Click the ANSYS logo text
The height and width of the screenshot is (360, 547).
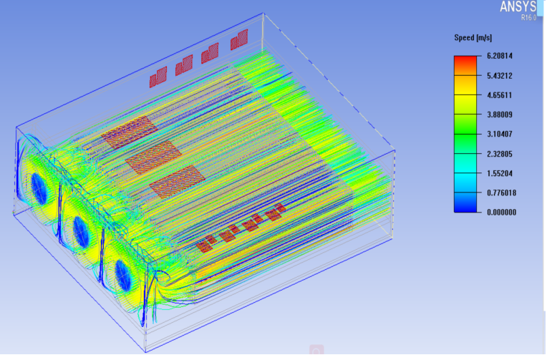pyautogui.click(x=518, y=6)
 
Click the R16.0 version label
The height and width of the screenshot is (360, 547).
pyautogui.click(x=528, y=17)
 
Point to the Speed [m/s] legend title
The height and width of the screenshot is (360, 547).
pyautogui.click(x=473, y=38)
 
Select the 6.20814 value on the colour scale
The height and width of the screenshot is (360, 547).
pyautogui.click(x=500, y=56)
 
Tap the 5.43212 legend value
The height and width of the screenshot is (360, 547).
pyautogui.click(x=500, y=76)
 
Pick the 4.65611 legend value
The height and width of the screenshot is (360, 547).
pyautogui.click(x=500, y=95)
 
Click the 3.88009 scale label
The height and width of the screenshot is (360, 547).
pyautogui.click(x=500, y=115)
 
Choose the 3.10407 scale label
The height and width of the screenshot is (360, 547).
pyautogui.click(x=500, y=134)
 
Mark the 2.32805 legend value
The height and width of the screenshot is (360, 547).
pyautogui.click(x=500, y=154)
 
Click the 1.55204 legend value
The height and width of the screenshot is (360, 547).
pyautogui.click(x=500, y=173)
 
